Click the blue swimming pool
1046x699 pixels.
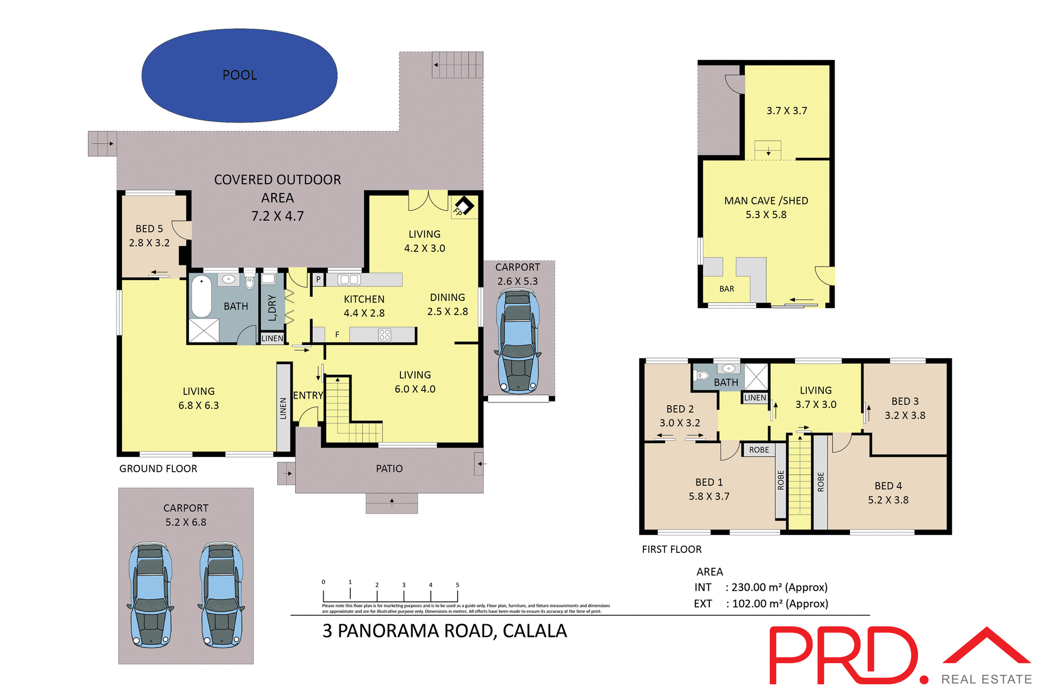click(239, 75)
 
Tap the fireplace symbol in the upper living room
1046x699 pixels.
click(464, 206)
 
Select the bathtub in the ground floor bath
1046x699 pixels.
click(201, 296)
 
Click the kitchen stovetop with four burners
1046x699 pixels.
click(385, 335)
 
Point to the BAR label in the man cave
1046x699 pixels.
click(726, 289)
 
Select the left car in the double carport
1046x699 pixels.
click(150, 594)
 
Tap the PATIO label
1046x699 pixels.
click(389, 469)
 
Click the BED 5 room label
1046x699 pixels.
click(149, 229)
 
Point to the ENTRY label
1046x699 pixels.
click(308, 396)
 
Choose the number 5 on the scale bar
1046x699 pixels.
click(457, 585)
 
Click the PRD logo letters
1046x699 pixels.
click(844, 656)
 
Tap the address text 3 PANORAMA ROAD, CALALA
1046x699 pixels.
click(445, 631)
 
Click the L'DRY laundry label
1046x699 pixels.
click(272, 308)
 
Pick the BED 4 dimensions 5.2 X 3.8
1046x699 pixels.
click(888, 500)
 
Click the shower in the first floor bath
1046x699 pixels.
click(756, 376)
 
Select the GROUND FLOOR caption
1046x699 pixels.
click(158, 469)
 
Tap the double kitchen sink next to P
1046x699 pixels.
click(349, 280)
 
